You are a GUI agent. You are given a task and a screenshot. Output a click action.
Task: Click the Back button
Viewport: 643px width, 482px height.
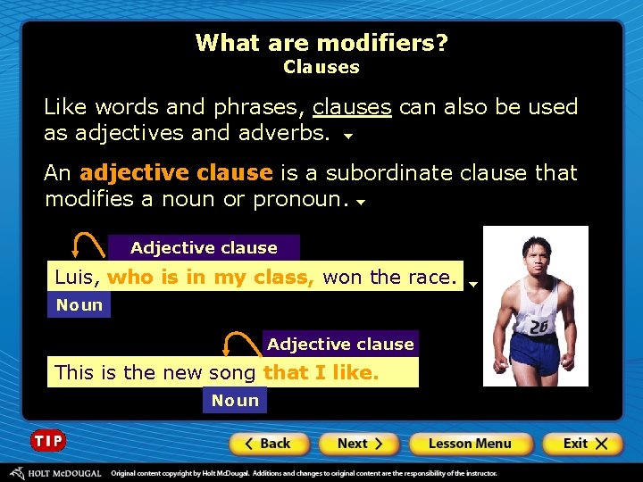tap(269, 444)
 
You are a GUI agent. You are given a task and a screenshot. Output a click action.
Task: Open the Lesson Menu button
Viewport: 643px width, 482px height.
tap(471, 444)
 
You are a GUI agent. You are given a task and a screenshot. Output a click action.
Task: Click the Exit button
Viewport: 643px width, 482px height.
tap(583, 444)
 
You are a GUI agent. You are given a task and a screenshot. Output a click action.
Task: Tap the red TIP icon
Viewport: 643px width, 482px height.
tap(48, 441)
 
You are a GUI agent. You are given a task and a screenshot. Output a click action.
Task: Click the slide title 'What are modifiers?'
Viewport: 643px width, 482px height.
tap(321, 43)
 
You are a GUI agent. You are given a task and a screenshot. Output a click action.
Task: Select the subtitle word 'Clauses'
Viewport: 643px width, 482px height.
tap(321, 67)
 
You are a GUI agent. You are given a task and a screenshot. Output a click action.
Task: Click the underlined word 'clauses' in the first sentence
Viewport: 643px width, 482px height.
tap(352, 107)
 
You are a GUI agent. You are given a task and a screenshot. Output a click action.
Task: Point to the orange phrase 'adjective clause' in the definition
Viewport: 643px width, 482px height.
tap(176, 172)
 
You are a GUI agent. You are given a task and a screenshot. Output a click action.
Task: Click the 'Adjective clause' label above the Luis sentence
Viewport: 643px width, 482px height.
tap(204, 248)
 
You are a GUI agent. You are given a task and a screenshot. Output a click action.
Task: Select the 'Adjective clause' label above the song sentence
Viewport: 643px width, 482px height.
tap(340, 345)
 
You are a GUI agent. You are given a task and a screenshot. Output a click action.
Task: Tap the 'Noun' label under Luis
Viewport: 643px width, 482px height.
tap(79, 305)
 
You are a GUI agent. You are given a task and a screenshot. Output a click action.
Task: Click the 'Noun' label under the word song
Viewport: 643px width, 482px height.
tap(235, 401)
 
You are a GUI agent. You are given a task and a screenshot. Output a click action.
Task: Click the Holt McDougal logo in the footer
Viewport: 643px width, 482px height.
tap(55, 473)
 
